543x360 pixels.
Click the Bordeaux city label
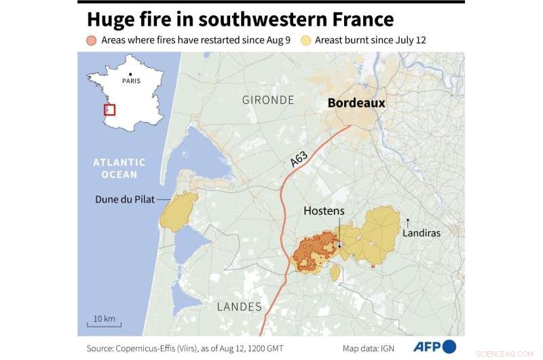[x=356, y=103]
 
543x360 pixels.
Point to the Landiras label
[x=422, y=232]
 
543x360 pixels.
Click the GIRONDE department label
[x=268, y=100]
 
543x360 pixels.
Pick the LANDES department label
[x=239, y=306]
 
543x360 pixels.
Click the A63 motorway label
[x=299, y=160]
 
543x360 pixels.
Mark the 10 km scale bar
[x=104, y=323]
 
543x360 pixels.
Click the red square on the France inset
[x=109, y=110]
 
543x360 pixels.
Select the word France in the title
[x=359, y=18]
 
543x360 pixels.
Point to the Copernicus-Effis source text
[x=183, y=348]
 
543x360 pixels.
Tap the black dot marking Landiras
[x=408, y=220]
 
